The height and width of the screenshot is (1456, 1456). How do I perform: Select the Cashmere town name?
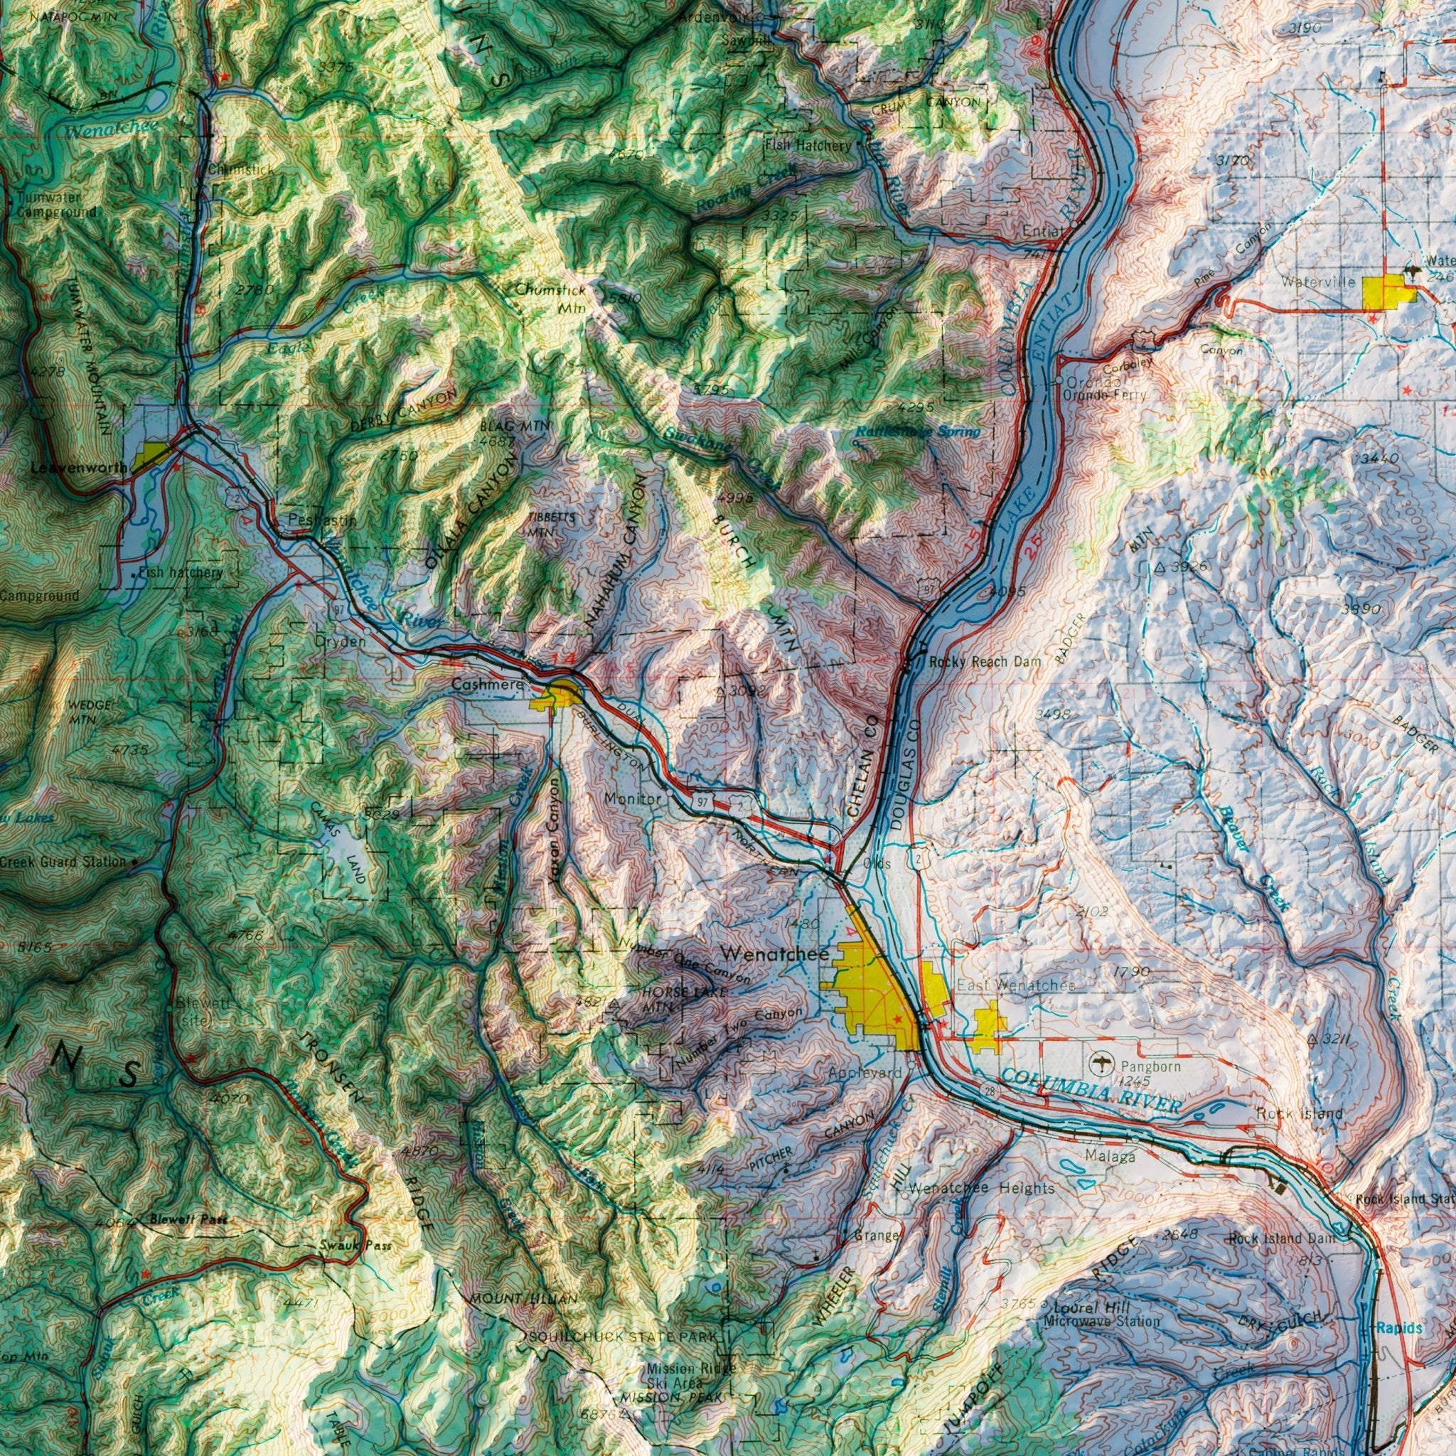coord(488,685)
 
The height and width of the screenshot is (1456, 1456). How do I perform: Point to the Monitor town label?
coord(633,798)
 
